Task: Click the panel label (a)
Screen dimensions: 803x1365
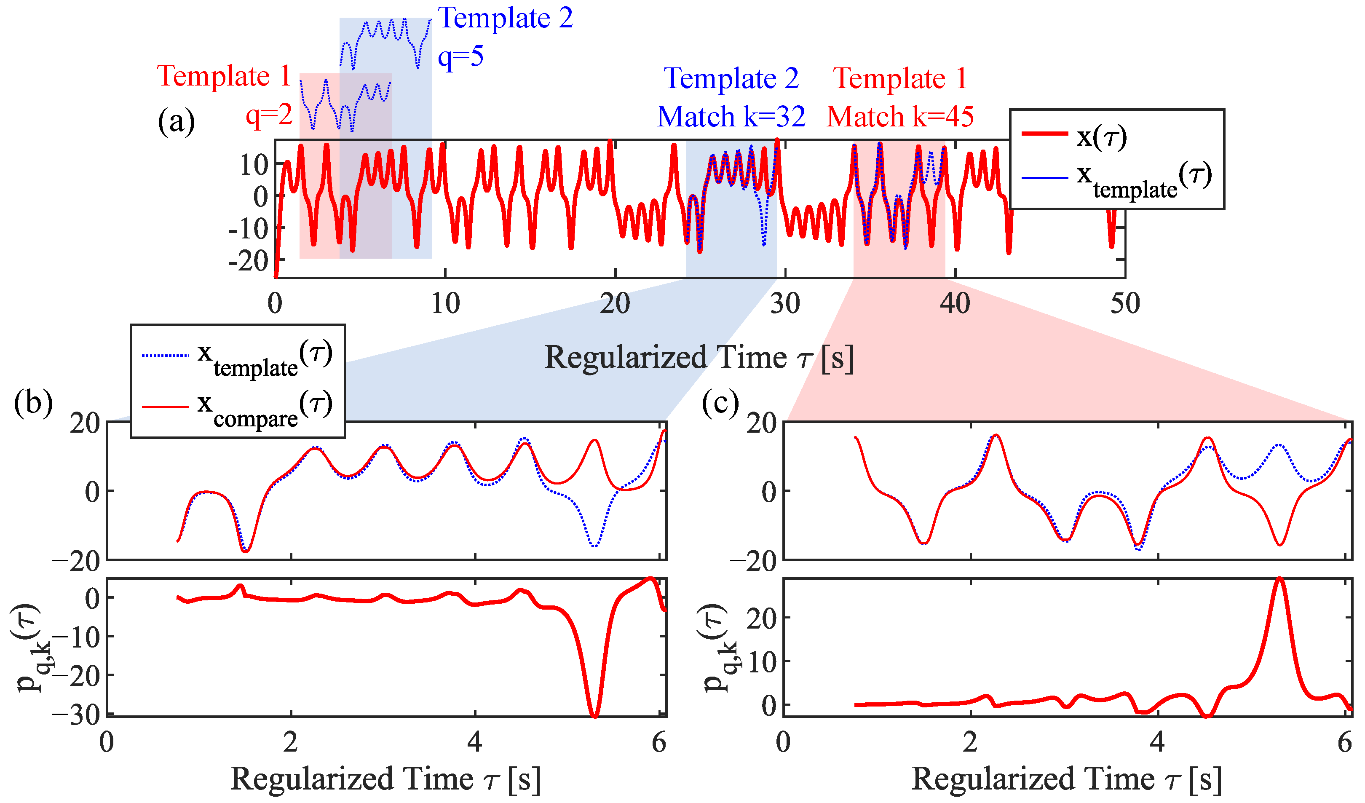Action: point(176,122)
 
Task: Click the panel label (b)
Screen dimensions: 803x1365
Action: point(33,404)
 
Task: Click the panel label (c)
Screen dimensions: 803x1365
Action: point(720,404)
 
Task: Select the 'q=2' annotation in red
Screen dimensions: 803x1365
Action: point(269,115)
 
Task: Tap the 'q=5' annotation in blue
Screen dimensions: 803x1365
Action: point(460,56)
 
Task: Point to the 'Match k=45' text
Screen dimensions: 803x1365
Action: point(900,117)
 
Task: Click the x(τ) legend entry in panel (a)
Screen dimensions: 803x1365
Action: point(1102,137)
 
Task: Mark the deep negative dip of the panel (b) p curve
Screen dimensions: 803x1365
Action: point(595,714)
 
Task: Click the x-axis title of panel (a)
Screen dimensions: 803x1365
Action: point(699,358)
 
